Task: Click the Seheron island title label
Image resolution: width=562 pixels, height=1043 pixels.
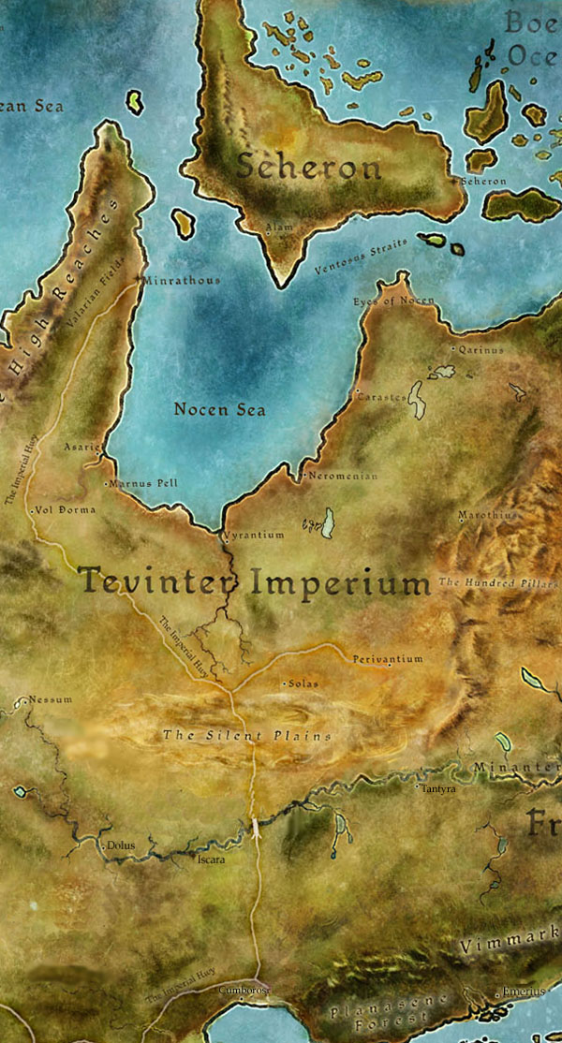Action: tap(308, 168)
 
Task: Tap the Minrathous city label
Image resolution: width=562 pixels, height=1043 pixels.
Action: tap(184, 280)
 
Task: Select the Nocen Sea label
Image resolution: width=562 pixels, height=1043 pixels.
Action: tap(220, 409)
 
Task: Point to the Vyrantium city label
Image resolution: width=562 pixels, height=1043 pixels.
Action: tap(254, 535)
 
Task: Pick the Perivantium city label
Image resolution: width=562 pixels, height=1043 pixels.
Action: tap(387, 659)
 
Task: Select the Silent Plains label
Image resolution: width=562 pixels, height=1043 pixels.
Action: tap(247, 736)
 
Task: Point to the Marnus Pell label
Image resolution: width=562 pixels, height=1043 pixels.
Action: tap(142, 483)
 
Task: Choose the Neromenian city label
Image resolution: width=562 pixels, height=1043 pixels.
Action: tap(343, 476)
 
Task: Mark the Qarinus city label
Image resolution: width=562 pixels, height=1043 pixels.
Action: tap(481, 349)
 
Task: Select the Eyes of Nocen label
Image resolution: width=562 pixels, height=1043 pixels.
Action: tap(394, 301)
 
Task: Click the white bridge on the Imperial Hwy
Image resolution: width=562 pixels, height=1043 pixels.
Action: tap(255, 828)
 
